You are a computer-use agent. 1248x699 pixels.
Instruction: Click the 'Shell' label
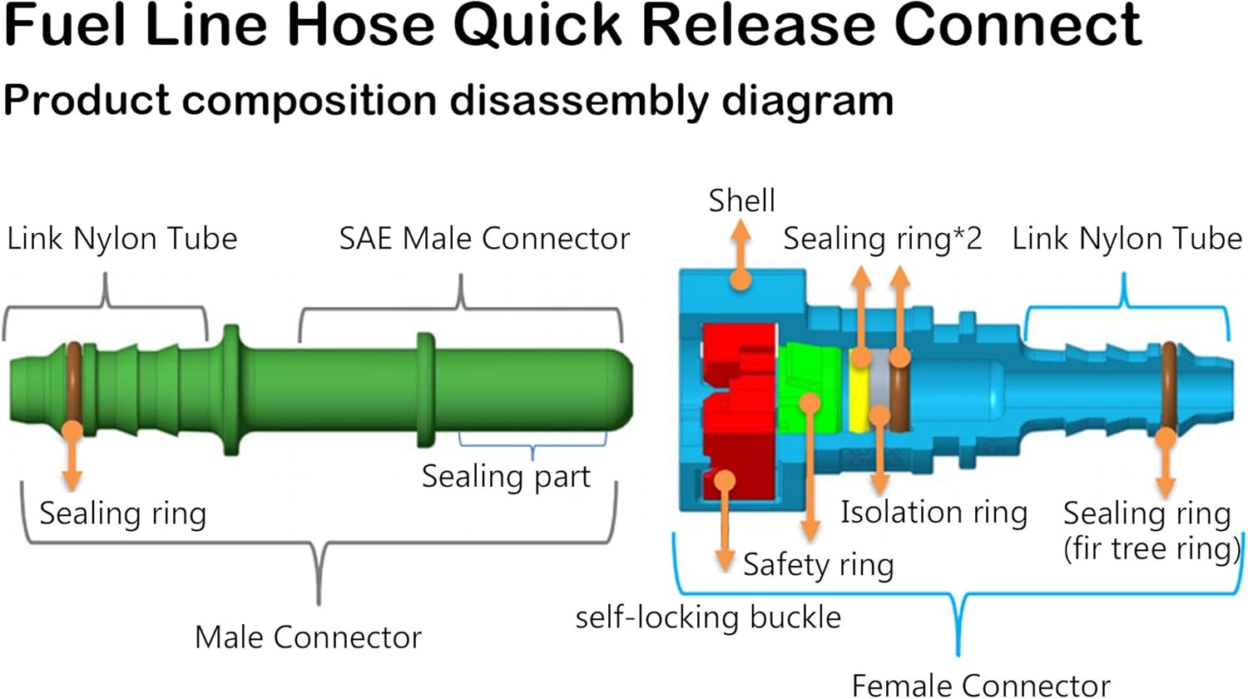click(x=741, y=201)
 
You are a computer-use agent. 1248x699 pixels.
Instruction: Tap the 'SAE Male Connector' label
click(x=484, y=239)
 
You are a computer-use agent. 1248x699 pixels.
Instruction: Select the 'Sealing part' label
click(x=506, y=477)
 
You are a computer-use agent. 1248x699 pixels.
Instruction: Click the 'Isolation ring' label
click(x=934, y=512)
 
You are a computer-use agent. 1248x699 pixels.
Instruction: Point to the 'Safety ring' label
click(x=818, y=565)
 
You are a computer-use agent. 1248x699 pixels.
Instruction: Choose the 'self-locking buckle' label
click(x=708, y=617)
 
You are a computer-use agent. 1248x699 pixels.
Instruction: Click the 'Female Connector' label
click(x=981, y=685)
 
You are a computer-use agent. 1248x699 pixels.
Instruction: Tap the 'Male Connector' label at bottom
click(x=308, y=637)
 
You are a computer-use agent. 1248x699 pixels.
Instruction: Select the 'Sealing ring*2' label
click(x=882, y=239)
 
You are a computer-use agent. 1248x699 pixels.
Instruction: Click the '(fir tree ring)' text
click(x=1151, y=549)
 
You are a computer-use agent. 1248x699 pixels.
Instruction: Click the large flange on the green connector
click(x=231, y=389)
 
